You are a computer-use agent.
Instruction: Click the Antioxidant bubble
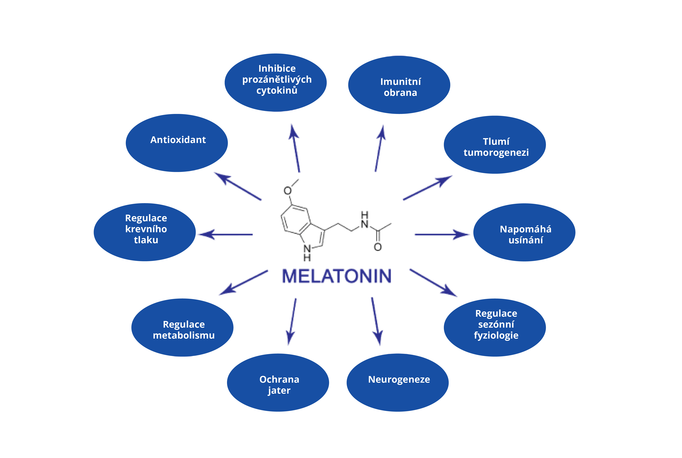(x=177, y=143)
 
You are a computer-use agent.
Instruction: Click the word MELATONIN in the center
(x=337, y=276)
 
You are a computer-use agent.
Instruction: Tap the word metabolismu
(x=184, y=335)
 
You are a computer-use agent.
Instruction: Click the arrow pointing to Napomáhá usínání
(x=441, y=234)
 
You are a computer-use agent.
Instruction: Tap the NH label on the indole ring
(x=307, y=253)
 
